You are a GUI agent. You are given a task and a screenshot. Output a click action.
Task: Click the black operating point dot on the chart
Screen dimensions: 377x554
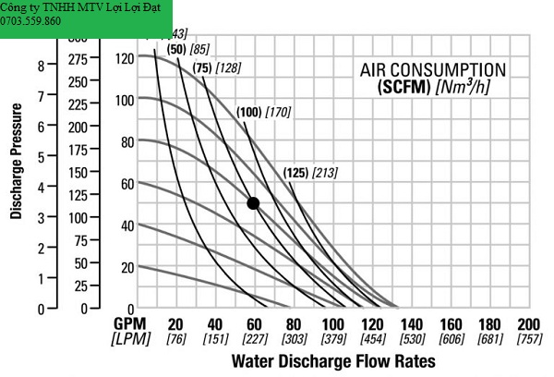click(x=253, y=203)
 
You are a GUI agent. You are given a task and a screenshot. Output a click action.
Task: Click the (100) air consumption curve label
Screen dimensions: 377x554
click(x=248, y=113)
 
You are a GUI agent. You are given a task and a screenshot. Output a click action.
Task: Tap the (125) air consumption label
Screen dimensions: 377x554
click(x=295, y=173)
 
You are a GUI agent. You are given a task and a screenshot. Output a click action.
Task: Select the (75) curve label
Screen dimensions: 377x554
click(x=203, y=67)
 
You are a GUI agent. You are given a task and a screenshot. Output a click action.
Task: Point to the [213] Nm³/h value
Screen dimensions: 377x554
click(x=325, y=173)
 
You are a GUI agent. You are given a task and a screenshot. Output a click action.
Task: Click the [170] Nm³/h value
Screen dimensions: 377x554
click(x=278, y=113)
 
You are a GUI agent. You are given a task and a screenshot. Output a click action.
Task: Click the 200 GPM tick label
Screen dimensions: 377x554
click(x=528, y=324)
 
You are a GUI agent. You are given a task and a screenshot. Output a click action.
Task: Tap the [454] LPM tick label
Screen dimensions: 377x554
click(x=372, y=338)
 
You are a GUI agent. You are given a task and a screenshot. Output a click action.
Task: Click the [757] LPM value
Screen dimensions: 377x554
click(x=529, y=338)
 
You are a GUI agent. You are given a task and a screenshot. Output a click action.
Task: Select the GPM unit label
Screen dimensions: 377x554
click(x=131, y=324)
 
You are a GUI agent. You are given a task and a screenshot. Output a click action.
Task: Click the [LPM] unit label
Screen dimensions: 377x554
click(x=131, y=338)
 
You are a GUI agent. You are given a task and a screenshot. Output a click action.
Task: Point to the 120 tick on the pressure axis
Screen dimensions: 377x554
click(x=125, y=57)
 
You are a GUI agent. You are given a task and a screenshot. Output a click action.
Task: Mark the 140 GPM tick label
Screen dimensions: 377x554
click(x=411, y=324)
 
